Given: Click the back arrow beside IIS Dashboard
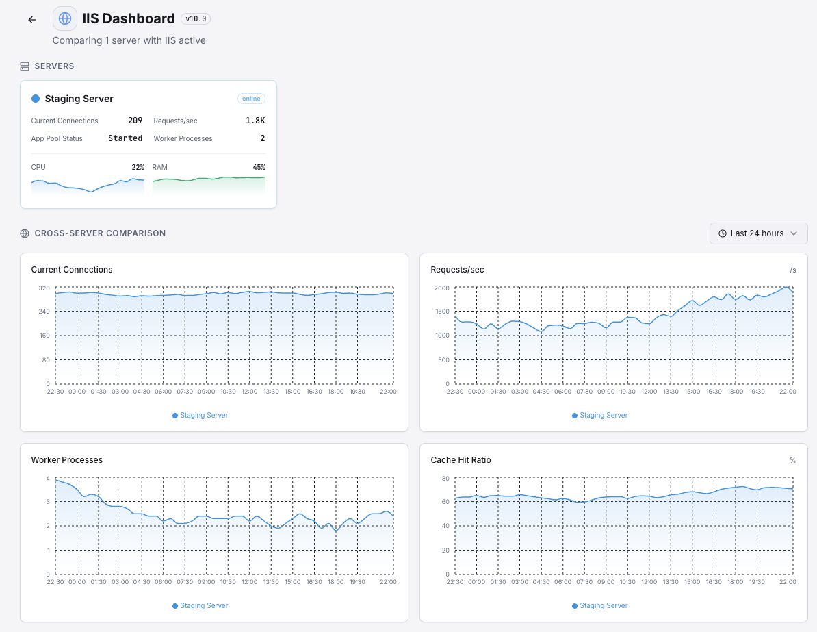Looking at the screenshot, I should [x=32, y=20].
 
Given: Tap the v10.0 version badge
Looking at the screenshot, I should [x=196, y=19].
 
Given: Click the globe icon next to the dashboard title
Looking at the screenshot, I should [x=65, y=18].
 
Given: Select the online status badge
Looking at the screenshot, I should [x=251, y=99].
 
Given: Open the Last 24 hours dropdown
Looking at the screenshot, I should [x=758, y=233].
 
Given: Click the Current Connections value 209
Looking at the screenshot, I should [x=135, y=121].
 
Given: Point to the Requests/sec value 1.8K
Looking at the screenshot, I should [x=255, y=121].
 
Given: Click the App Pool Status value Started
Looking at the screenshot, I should [x=125, y=138].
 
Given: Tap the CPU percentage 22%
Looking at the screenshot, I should [x=138, y=167].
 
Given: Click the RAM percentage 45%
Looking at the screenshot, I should [x=259, y=167].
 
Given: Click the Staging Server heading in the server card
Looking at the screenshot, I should [x=79, y=99].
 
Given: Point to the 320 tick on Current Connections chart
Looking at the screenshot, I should [x=44, y=288].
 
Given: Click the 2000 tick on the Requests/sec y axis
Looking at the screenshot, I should [x=442, y=288].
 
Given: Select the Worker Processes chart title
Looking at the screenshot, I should [x=67, y=460].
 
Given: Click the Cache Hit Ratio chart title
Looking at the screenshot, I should [x=461, y=460].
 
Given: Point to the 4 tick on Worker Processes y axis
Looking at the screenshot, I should [x=48, y=478].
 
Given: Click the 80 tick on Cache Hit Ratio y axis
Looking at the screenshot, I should [x=445, y=478].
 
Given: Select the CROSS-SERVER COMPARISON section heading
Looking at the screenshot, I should [x=100, y=233].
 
